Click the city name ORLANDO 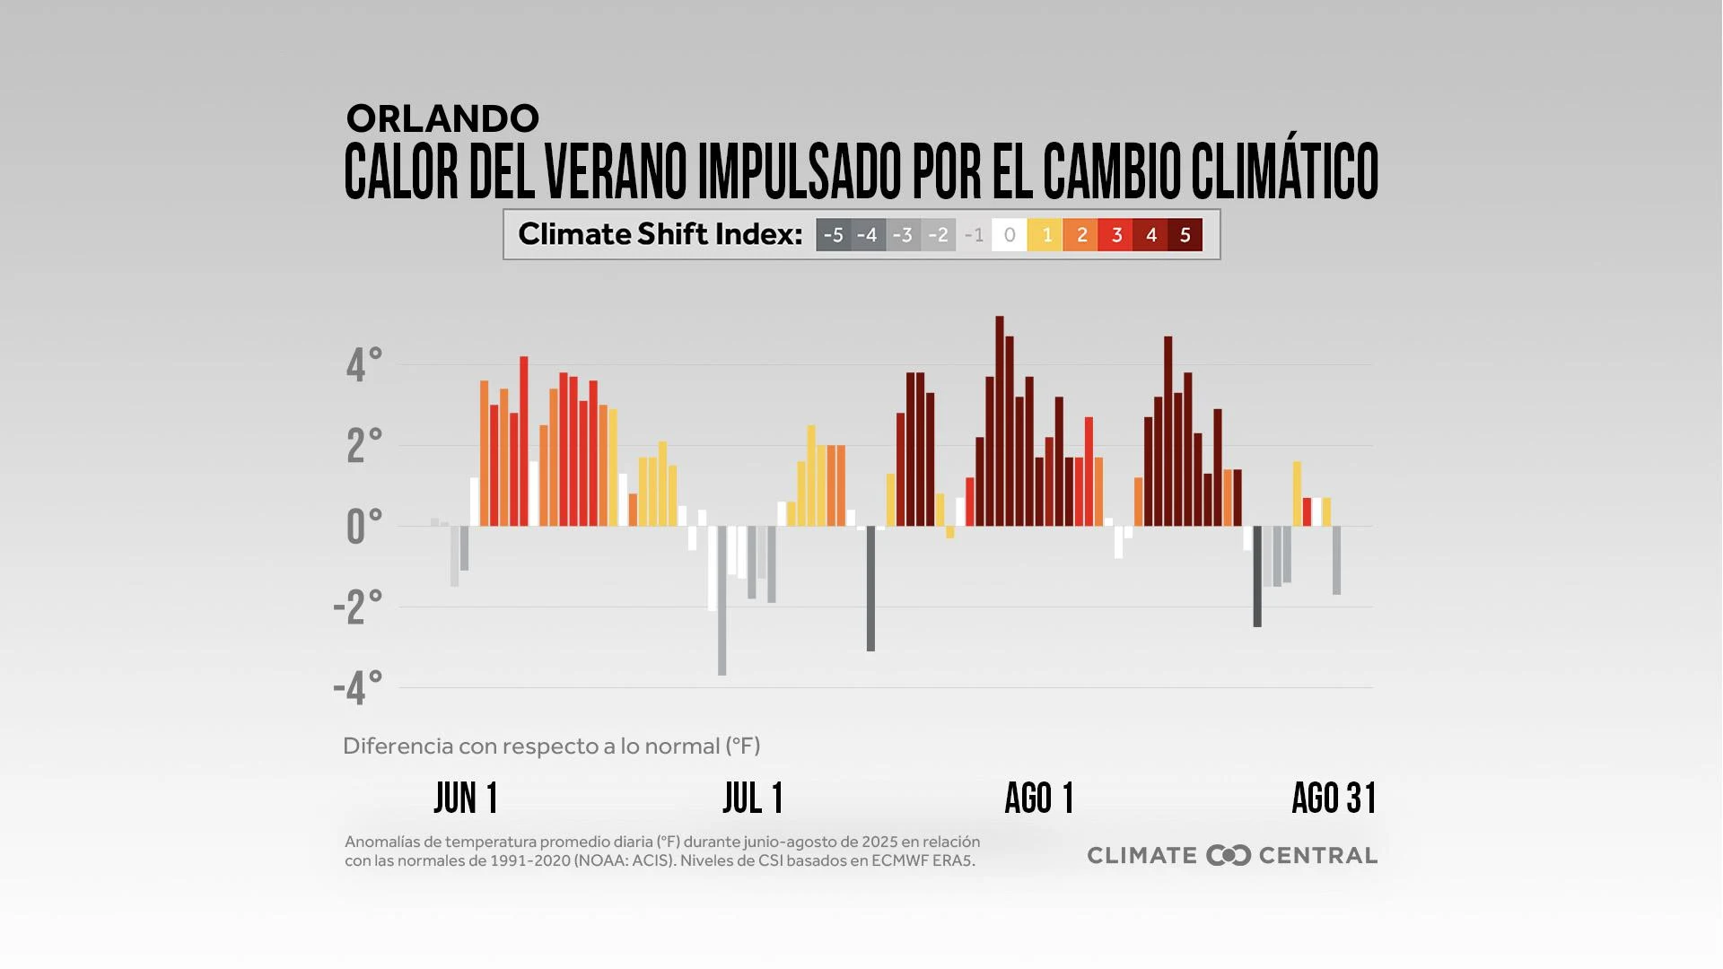click(x=442, y=118)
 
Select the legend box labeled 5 click(x=1185, y=235)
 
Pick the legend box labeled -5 click(x=833, y=235)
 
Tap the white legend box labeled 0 click(x=1010, y=235)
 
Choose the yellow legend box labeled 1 click(x=1045, y=235)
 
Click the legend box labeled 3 click(x=1115, y=235)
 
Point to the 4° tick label click(x=363, y=365)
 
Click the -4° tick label click(x=358, y=688)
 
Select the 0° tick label click(x=363, y=527)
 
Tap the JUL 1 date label click(x=753, y=798)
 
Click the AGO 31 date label click(x=1334, y=798)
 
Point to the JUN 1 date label click(x=466, y=798)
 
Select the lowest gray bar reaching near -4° click(x=722, y=601)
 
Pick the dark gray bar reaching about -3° click(x=870, y=589)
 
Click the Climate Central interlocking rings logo click(x=1229, y=855)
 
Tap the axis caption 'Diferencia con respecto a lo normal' click(x=551, y=746)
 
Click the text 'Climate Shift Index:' click(x=660, y=234)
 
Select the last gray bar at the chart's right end click(x=1337, y=560)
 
